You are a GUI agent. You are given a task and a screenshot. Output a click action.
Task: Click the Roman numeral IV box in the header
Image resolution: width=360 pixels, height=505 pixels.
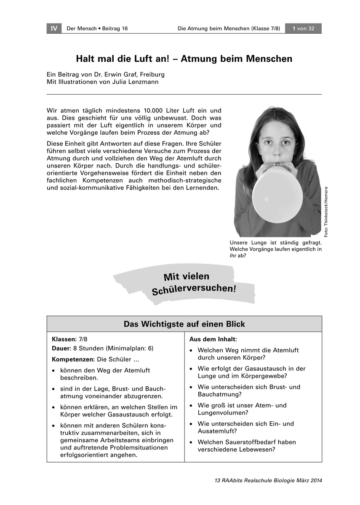(54, 29)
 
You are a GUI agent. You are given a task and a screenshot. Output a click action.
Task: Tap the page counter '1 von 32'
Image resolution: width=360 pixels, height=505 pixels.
(303, 29)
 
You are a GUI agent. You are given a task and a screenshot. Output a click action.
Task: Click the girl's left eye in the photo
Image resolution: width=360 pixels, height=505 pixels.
(285, 143)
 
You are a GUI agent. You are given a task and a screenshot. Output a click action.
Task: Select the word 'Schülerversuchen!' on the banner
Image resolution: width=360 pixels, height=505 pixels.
(193, 290)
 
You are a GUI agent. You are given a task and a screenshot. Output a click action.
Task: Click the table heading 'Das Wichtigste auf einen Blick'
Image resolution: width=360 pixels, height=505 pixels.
(184, 324)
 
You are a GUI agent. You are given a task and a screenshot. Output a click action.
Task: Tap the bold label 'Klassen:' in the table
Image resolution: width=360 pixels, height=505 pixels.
(64, 339)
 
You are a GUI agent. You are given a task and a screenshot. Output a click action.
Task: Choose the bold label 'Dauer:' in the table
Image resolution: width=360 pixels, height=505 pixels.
(61, 348)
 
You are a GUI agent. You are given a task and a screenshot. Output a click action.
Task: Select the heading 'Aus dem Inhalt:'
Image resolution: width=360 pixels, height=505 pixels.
(213, 339)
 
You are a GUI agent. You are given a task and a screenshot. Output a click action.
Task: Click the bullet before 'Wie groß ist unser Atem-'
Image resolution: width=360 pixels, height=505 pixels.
(192, 406)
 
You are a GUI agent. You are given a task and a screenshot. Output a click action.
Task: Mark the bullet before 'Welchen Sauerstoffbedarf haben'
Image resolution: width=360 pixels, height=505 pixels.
(192, 442)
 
